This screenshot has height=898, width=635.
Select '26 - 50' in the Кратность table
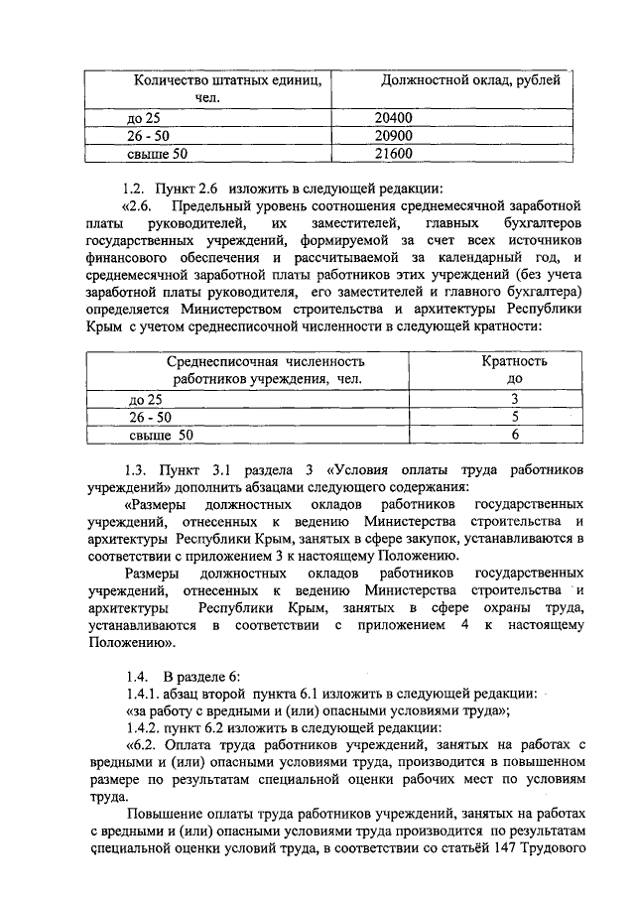click(x=150, y=417)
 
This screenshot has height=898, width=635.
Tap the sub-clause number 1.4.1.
click(x=139, y=691)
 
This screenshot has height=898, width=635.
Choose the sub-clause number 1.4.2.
click(x=139, y=726)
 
